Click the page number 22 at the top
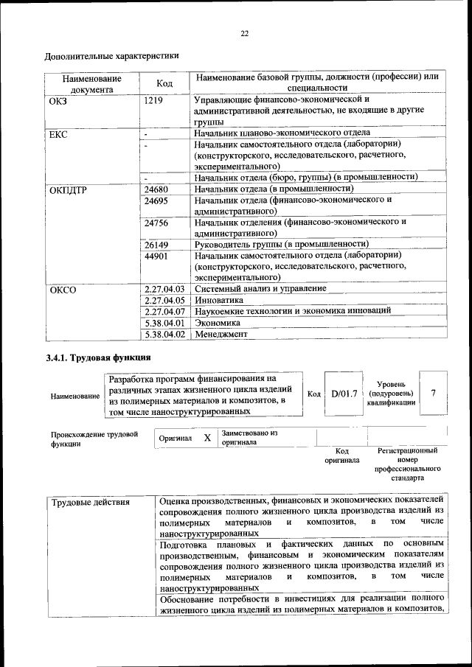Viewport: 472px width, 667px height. click(244, 33)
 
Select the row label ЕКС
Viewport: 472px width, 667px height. click(58, 135)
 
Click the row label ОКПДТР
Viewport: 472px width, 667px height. click(68, 189)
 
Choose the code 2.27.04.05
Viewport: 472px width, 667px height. click(164, 300)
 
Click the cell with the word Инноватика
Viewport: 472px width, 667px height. click(218, 300)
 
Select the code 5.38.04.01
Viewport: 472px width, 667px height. click(164, 322)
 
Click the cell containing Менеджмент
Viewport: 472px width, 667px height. click(221, 334)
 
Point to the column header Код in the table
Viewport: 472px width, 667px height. click(165, 83)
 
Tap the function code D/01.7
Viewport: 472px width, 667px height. click(344, 394)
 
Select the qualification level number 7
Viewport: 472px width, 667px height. click(434, 393)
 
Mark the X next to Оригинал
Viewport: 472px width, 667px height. click(207, 438)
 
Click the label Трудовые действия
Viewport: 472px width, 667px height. click(91, 503)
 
